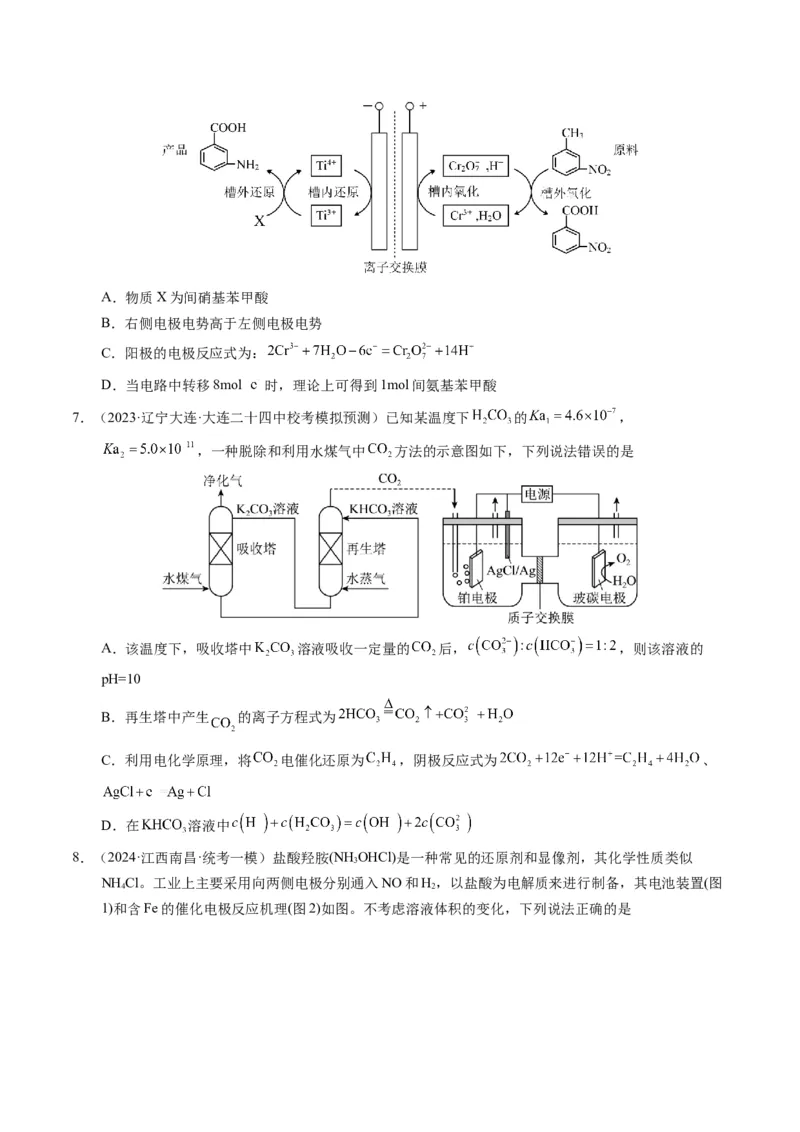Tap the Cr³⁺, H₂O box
pos(476,214)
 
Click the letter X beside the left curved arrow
pos(259,221)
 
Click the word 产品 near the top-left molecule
pos(175,149)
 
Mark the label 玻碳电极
pos(600,598)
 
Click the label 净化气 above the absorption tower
pos(223,482)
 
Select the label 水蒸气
pos(366,578)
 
